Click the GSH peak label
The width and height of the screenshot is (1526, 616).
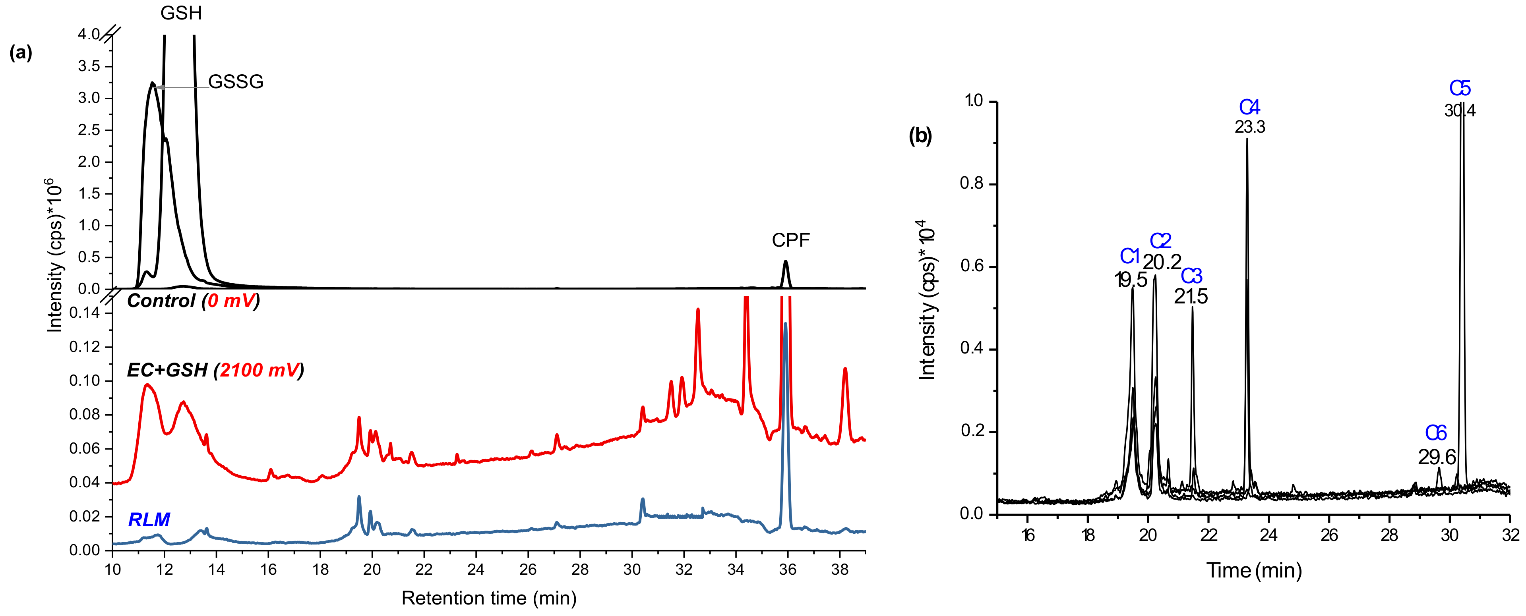[x=181, y=13]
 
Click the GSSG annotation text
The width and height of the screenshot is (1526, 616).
[x=236, y=82]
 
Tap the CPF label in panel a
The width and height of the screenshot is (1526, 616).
[x=790, y=240]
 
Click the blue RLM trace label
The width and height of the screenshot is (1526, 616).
[x=149, y=519]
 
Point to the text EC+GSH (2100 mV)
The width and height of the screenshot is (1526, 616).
[x=215, y=370]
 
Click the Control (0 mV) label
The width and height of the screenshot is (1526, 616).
[x=193, y=301]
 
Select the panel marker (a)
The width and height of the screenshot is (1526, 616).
[x=21, y=53]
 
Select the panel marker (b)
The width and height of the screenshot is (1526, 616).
[x=920, y=136]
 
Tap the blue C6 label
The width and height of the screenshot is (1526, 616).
[x=1435, y=434]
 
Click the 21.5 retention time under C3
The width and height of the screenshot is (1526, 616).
[x=1191, y=296]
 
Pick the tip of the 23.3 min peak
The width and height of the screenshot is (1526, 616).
[x=1247, y=140]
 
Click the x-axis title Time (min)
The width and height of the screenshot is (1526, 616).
[x=1253, y=570]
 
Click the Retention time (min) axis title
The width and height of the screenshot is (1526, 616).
[x=489, y=598]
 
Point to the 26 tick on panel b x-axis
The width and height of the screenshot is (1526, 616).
[x=1329, y=535]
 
